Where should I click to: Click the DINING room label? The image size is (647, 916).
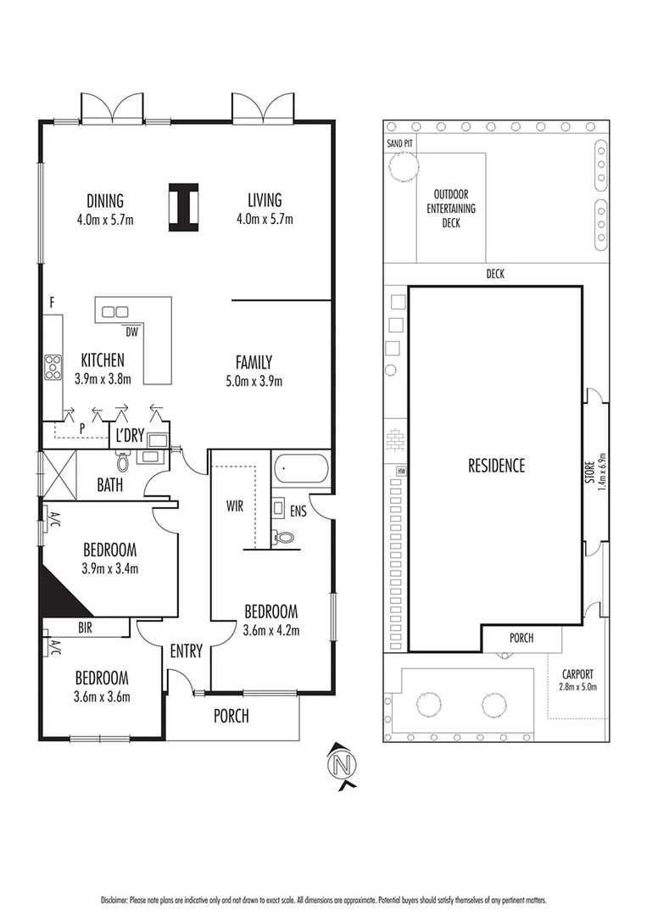coord(105,201)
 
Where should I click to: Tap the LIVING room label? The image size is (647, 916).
coord(265,201)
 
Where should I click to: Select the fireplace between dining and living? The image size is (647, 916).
coord(182,207)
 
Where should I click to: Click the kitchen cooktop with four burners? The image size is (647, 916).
coord(53,366)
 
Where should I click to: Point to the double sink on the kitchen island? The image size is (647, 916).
coord(115,312)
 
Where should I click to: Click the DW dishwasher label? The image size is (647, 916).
coord(131,330)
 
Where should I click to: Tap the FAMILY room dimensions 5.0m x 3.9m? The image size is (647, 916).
coord(254,381)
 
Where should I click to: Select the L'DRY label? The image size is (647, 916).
coord(131,437)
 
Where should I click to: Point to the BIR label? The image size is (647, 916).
coord(85,628)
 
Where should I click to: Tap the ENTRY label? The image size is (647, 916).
coord(186,651)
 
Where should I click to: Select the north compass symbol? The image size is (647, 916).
coord(343,765)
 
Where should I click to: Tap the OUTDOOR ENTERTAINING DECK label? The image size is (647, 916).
coord(450,208)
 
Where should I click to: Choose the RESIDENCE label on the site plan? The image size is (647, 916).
coord(496,465)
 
